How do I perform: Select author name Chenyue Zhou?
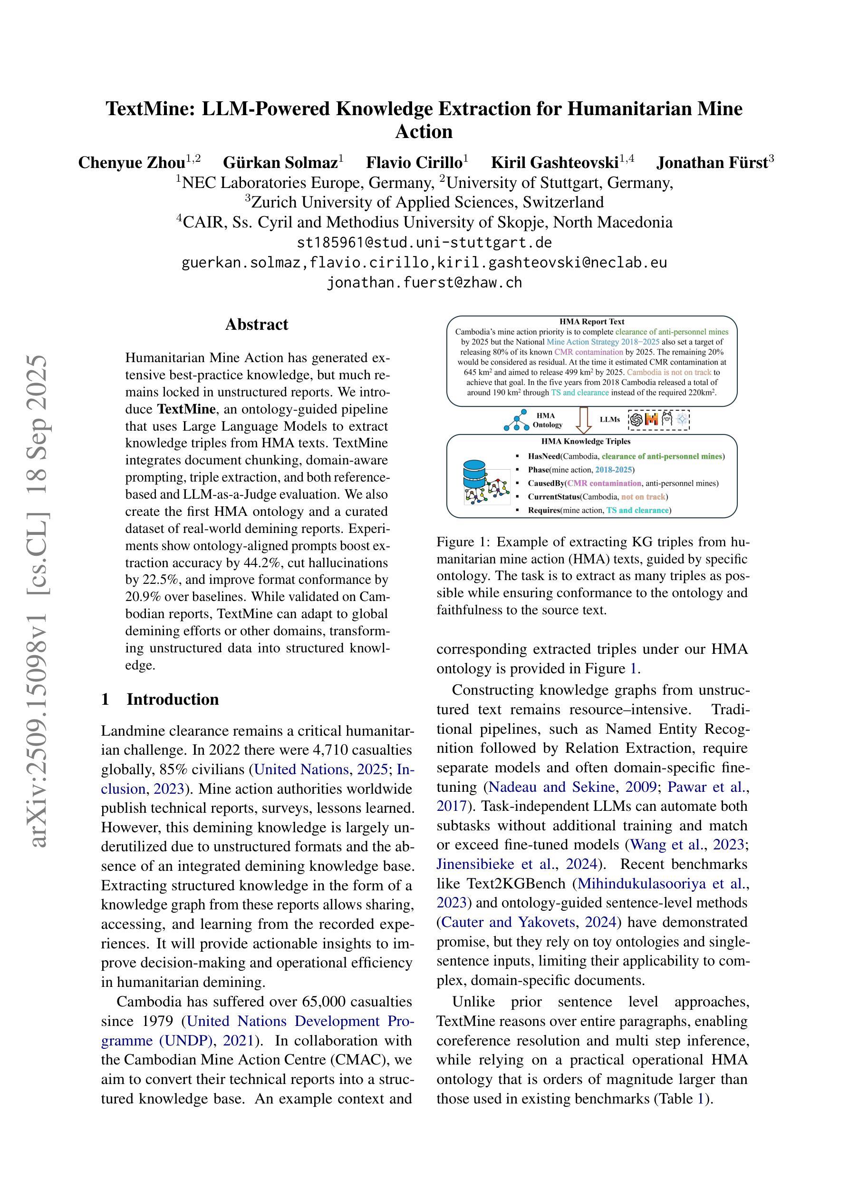click(132, 163)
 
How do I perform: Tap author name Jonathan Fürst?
click(712, 163)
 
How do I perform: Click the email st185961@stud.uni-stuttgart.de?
click(424, 243)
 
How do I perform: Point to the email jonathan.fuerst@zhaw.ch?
click(424, 283)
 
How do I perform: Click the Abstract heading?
click(256, 325)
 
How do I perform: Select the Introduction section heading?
click(172, 700)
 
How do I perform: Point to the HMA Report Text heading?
click(592, 322)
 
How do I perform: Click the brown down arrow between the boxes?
click(583, 419)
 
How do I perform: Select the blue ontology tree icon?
click(516, 420)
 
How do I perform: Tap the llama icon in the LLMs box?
click(666, 419)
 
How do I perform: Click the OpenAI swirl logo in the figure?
click(636, 419)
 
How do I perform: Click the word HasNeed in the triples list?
click(543, 456)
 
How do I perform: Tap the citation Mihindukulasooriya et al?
click(660, 884)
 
